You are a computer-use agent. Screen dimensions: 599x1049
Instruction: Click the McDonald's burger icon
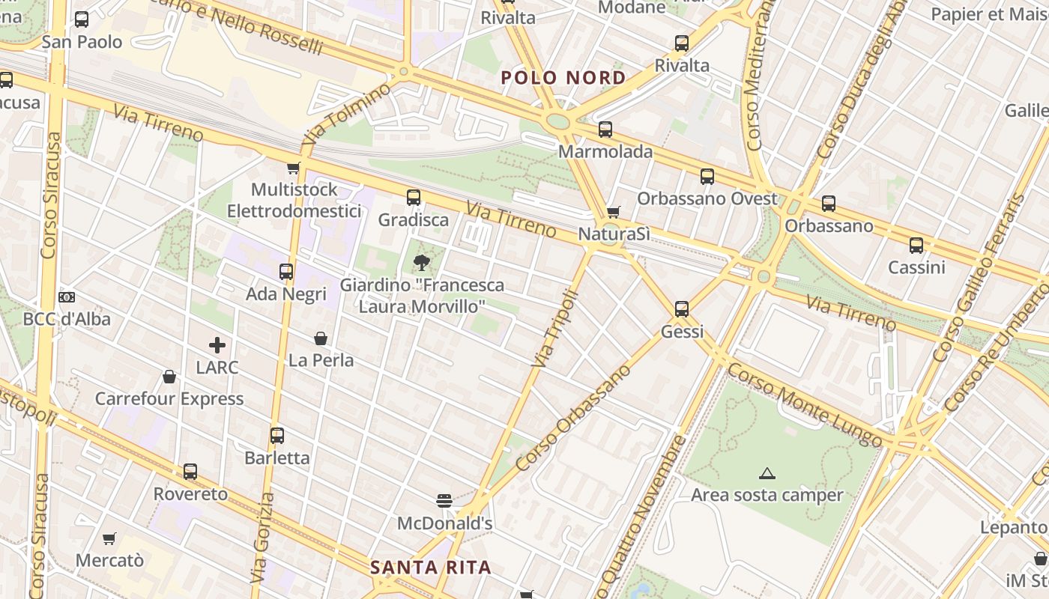pyautogui.click(x=444, y=500)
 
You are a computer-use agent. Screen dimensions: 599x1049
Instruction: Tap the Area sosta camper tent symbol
pyautogui.click(x=767, y=473)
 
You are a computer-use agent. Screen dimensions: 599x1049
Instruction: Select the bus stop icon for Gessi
pyautogui.click(x=681, y=308)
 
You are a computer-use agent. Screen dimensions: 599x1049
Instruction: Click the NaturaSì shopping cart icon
pyautogui.click(x=613, y=213)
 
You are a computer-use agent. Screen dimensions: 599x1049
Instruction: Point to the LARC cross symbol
pyautogui.click(x=217, y=345)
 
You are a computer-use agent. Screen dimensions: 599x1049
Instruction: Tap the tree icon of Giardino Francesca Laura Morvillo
pyautogui.click(x=422, y=262)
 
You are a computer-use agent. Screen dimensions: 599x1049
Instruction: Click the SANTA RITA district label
pyautogui.click(x=431, y=568)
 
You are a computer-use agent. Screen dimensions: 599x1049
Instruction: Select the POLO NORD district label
pyautogui.click(x=563, y=78)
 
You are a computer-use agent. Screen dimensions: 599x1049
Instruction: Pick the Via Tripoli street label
pyautogui.click(x=555, y=329)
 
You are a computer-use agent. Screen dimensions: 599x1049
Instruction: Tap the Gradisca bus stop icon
pyautogui.click(x=413, y=198)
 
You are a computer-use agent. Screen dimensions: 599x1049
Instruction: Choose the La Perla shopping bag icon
pyautogui.click(x=321, y=338)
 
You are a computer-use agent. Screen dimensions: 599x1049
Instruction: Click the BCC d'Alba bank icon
pyautogui.click(x=67, y=297)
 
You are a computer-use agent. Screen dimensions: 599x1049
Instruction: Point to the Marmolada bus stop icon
pyautogui.click(x=605, y=130)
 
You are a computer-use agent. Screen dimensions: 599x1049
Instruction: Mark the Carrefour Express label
pyautogui.click(x=169, y=398)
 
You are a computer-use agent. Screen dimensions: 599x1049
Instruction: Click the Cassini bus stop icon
pyautogui.click(x=916, y=246)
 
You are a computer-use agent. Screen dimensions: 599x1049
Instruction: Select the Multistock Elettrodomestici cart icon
pyautogui.click(x=294, y=168)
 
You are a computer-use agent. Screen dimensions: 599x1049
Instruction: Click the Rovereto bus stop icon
pyautogui.click(x=190, y=472)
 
